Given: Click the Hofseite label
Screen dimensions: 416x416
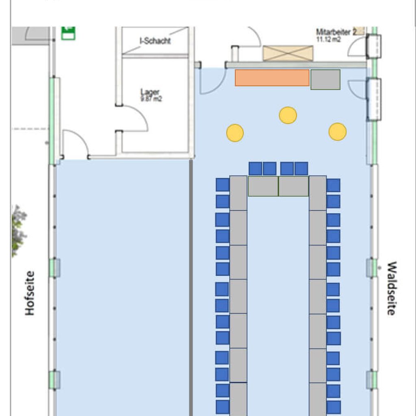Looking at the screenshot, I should [30, 293].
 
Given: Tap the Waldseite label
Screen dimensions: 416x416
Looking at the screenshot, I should [391, 288].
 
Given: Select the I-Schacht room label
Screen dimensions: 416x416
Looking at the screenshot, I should [155, 41].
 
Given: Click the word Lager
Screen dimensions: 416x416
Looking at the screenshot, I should [151, 92].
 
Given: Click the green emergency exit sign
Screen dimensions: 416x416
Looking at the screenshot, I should [68, 33].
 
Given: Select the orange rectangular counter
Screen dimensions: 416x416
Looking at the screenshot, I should [272, 78].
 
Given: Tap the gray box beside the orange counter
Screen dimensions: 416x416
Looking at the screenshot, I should [325, 80].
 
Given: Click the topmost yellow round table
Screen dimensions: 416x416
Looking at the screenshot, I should [288, 115].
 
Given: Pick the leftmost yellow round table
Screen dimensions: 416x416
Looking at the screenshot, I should [235, 133].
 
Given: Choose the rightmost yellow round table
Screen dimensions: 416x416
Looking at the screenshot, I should [338, 132].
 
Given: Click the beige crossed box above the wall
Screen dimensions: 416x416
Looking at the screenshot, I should [288, 53].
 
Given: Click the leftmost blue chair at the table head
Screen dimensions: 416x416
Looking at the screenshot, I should [255, 169].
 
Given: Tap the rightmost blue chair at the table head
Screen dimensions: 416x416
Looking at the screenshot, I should [301, 169].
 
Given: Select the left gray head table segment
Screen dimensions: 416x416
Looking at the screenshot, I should [263, 186].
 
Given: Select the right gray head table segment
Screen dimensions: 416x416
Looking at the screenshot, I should [293, 186].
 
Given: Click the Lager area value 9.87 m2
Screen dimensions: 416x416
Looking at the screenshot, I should [151, 99].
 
